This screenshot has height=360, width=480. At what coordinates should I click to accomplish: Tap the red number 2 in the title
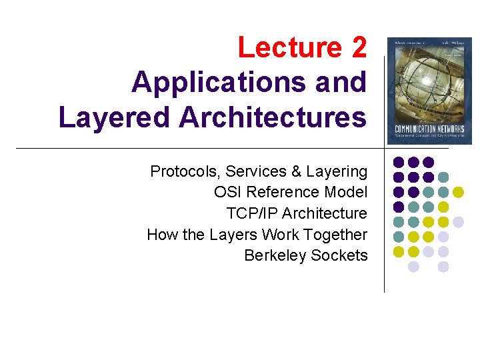tap(357, 48)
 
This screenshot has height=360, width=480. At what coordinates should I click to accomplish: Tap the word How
tap(160, 235)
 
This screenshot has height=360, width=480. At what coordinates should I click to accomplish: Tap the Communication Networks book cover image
tap(430, 91)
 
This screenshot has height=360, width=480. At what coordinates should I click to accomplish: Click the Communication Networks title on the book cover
tap(430, 128)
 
